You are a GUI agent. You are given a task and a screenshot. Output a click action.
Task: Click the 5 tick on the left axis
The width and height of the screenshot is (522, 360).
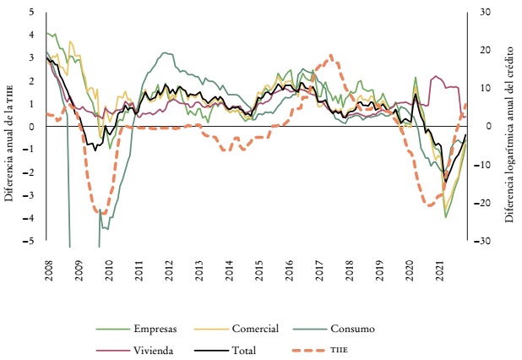click(x=31, y=13)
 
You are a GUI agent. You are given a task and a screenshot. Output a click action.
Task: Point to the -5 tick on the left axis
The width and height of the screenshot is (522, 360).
click(x=30, y=242)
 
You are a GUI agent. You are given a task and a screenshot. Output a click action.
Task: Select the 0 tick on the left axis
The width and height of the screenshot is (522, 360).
click(x=31, y=127)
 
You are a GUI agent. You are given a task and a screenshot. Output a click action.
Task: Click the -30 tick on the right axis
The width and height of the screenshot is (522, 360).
click(x=486, y=242)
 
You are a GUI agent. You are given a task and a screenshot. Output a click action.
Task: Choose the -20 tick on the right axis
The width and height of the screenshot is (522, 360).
click(x=486, y=204)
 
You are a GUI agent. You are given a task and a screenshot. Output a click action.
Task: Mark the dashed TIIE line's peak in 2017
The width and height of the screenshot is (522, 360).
click(x=331, y=57)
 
